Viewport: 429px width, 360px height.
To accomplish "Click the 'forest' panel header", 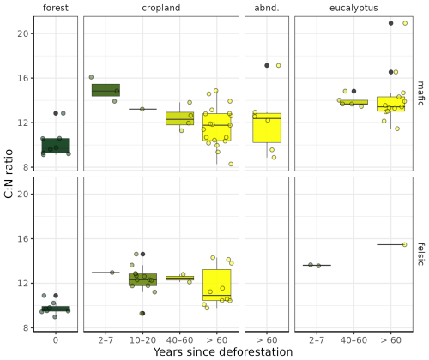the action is [56, 8].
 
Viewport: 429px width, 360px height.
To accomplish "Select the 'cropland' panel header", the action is [161, 8].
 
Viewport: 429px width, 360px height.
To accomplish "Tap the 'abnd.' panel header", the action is [267, 8].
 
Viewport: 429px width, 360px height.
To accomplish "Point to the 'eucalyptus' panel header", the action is [353, 8].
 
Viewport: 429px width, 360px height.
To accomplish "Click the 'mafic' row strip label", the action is [420, 93].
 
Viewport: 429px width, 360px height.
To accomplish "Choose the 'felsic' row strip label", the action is [420, 254].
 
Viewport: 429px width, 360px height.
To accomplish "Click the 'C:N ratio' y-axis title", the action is [9, 174].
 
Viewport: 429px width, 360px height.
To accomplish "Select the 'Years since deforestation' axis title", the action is [223, 352].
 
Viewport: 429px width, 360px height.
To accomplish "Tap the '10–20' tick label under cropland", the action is [142, 340].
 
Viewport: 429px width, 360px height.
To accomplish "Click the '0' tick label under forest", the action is [56, 340].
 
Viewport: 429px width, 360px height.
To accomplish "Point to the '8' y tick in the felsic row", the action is [26, 327].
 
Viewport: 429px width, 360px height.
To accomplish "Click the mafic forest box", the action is [56, 146].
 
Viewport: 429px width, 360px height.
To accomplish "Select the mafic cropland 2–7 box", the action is [106, 90].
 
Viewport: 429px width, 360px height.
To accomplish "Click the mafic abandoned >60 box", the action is [267, 128].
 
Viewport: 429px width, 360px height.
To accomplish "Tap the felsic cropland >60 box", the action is [217, 285].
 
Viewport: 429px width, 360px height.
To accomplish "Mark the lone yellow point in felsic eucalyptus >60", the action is [405, 244].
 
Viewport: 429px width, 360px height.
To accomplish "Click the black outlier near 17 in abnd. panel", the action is [267, 66].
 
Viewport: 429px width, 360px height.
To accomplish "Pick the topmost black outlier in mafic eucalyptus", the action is [390, 23].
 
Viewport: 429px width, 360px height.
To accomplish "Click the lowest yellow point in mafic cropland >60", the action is [231, 164].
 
